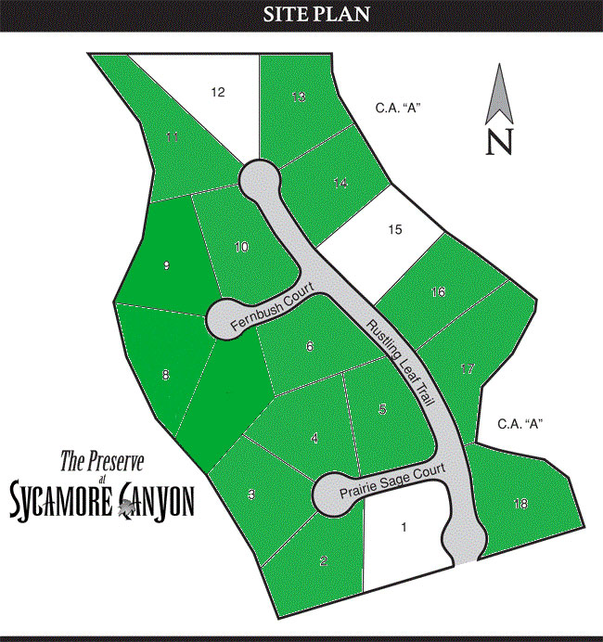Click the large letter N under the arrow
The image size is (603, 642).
[500, 141]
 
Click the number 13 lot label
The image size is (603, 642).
[298, 96]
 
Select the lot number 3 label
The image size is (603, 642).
[251, 495]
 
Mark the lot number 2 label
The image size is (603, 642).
[323, 559]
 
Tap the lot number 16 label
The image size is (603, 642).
[439, 292]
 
